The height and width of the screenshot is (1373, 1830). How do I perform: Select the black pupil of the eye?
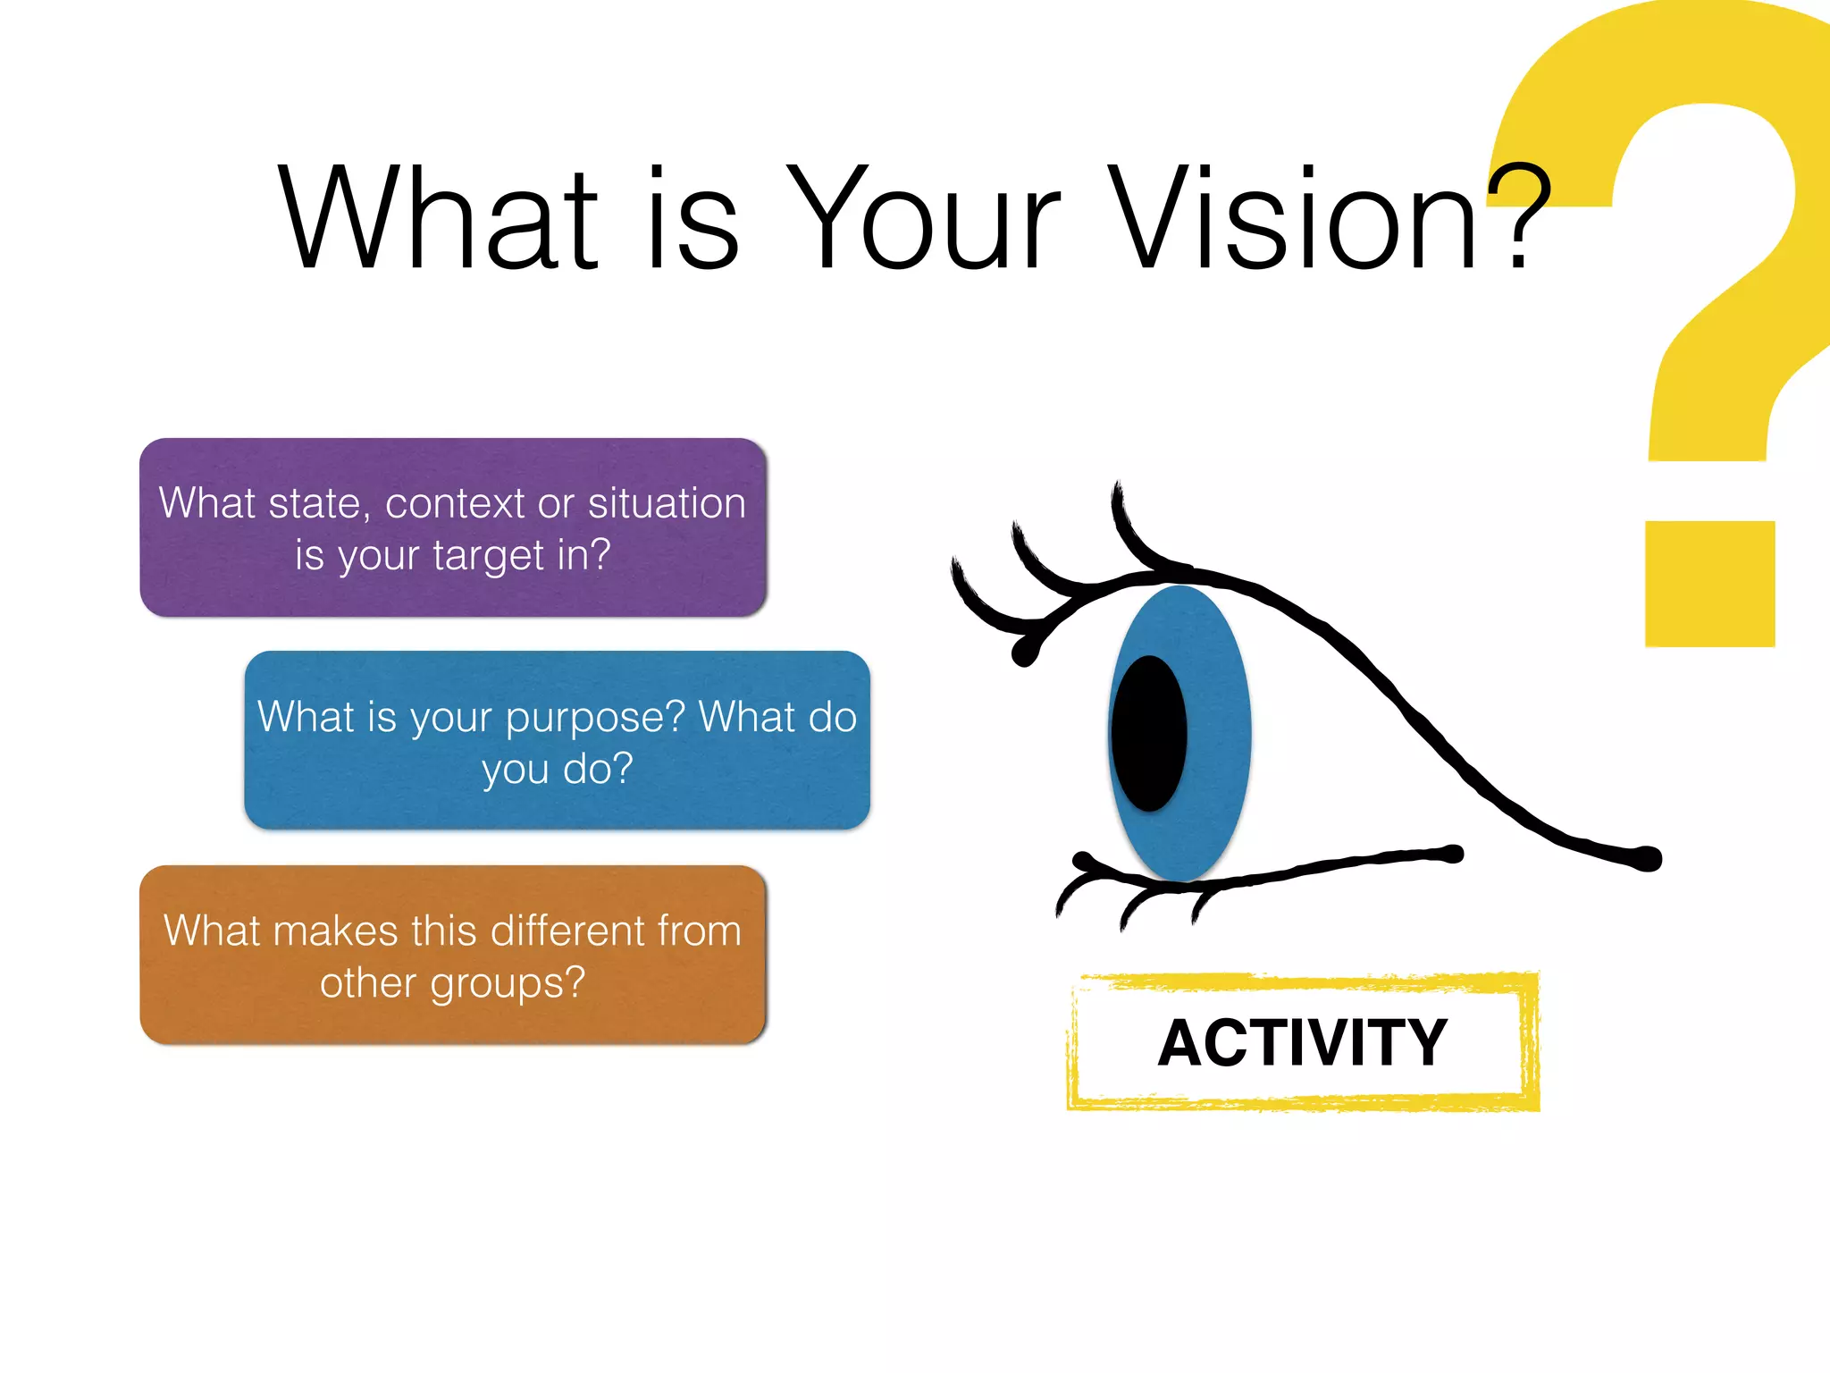pos(1149,734)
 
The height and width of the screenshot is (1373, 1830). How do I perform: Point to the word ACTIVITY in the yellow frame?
pos(1302,1043)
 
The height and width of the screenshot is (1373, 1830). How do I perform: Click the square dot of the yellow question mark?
pos(1709,584)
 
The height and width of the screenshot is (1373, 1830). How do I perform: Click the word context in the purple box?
pos(455,503)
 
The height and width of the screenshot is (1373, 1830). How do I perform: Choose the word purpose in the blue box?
pos(595,718)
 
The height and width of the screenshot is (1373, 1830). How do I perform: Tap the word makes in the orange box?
pos(335,931)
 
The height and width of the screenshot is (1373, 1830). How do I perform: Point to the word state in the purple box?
pos(314,503)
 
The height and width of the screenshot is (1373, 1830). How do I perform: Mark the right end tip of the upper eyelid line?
pos(1650,859)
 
